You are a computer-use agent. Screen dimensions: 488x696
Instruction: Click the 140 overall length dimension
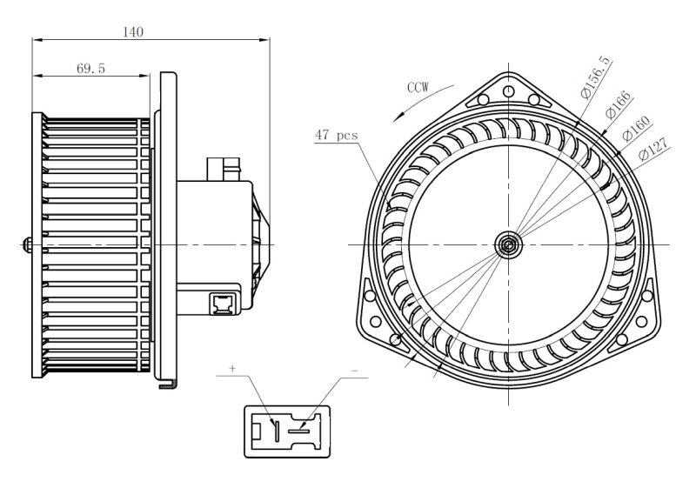pos(133,32)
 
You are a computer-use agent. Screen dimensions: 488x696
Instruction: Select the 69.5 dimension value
pos(90,68)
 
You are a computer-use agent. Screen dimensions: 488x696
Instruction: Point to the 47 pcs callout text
pos(336,135)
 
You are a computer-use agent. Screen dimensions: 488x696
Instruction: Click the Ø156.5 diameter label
pos(596,77)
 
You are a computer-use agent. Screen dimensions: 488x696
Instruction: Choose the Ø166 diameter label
pos(618,105)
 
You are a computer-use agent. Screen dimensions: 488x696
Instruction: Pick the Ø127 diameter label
pos(653,151)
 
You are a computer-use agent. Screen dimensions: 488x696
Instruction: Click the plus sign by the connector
pos(233,369)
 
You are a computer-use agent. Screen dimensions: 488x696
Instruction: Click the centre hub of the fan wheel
pos(506,245)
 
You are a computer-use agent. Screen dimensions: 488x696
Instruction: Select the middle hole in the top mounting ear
pos(506,87)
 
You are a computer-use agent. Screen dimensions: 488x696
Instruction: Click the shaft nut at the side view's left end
pos(28,245)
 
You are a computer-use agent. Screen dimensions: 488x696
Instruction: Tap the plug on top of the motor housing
pos(224,167)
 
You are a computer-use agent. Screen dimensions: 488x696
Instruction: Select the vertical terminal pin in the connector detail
pos(275,430)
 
